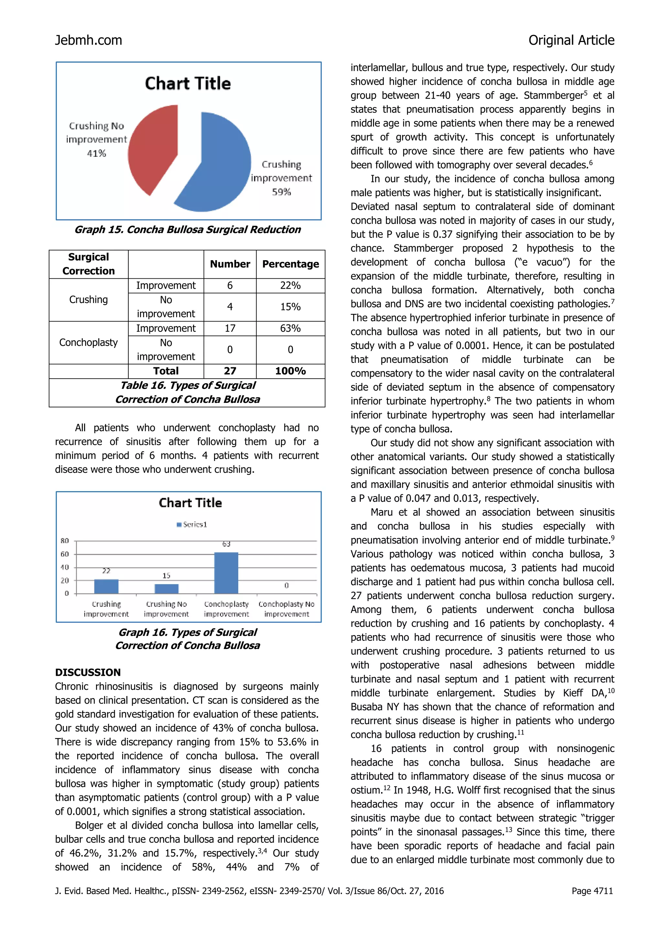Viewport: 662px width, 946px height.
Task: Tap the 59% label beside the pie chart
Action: point(281,192)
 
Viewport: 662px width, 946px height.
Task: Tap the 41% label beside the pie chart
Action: point(96,153)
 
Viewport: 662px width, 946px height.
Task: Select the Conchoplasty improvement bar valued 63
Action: point(226,573)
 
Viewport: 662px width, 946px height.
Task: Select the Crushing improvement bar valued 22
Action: point(106,586)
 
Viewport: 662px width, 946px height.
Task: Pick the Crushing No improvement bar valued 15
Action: point(166,589)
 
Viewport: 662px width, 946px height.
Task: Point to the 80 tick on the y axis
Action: point(65,541)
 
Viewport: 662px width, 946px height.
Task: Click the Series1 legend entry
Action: point(192,524)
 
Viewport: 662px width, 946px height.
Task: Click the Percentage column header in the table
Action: point(290,264)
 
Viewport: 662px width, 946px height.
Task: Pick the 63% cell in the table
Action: point(290,328)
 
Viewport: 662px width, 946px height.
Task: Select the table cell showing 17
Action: point(230,328)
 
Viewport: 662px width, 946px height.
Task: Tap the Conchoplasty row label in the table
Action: point(89,342)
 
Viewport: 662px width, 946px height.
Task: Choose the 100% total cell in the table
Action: point(290,371)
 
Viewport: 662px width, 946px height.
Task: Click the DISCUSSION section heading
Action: point(88,672)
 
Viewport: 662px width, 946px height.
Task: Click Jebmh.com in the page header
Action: point(89,40)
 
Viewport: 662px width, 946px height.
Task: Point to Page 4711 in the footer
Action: point(592,891)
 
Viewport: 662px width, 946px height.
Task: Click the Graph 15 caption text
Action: point(188,230)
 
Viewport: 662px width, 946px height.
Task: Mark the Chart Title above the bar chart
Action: point(190,503)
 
